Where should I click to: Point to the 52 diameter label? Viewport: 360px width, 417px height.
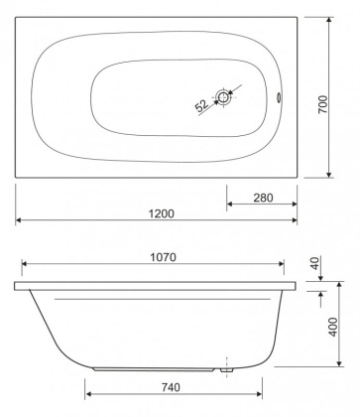[x=202, y=103]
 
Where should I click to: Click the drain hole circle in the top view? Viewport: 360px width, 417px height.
[x=226, y=98]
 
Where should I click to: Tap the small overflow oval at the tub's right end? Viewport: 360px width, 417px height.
[x=277, y=98]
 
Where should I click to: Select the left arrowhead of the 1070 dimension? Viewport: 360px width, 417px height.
[x=25, y=265]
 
